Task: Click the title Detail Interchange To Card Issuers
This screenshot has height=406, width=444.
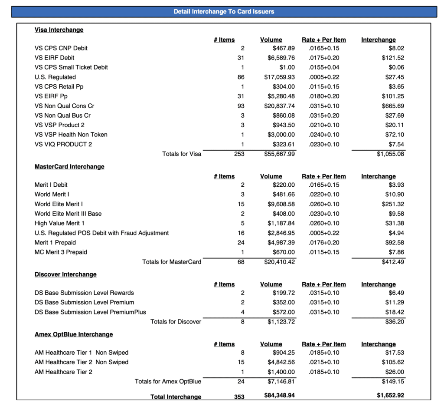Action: coord(224,12)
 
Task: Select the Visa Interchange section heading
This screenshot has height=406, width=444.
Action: coord(59,30)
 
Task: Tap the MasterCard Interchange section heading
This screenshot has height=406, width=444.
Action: coord(69,167)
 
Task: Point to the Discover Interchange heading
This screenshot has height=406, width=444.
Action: coord(65,274)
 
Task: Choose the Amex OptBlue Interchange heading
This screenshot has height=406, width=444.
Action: coord(74,334)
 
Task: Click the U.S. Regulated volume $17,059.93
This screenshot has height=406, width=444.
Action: coord(279,77)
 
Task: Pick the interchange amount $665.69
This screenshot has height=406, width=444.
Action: coord(393,106)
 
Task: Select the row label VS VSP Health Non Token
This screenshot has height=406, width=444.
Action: coord(71,135)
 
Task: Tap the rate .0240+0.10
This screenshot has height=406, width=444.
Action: coord(324,135)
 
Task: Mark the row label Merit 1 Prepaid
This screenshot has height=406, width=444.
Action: coord(55,242)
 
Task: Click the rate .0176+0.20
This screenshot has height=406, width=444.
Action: coord(324,242)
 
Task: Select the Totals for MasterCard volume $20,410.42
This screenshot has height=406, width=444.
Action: coord(279,262)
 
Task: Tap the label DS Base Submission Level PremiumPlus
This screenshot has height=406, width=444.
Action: coord(90,312)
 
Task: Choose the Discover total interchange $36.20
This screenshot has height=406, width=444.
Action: coord(395,322)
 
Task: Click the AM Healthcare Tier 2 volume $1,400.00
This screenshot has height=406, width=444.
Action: coord(281,372)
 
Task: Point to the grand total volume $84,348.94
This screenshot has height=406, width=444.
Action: coord(279,396)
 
